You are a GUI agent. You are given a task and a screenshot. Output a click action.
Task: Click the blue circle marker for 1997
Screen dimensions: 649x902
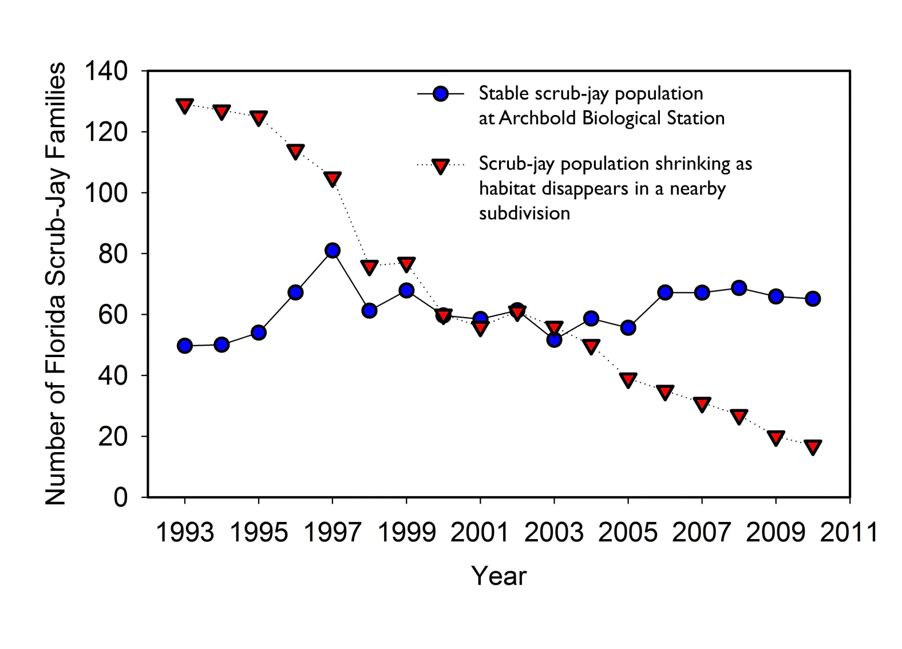coord(333,251)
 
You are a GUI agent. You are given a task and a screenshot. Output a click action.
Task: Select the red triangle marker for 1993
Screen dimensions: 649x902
coord(184,106)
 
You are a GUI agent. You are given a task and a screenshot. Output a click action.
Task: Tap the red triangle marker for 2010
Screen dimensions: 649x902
coord(813,446)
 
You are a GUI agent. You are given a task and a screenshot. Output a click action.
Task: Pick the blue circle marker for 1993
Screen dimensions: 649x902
coord(184,346)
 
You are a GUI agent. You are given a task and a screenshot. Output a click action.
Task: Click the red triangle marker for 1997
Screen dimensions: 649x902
coord(333,179)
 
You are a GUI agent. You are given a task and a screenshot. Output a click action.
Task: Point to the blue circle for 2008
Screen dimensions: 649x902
coord(739,288)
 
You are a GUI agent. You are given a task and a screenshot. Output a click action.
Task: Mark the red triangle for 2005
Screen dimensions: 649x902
coord(628,380)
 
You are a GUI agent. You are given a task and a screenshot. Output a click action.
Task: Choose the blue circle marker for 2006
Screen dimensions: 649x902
coord(665,292)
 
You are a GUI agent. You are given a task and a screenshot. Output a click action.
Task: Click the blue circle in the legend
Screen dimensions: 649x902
coord(440,94)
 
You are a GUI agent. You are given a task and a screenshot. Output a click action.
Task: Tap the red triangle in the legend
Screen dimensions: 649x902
coord(440,166)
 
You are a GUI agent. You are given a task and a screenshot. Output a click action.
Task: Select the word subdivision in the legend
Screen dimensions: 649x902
coord(524,213)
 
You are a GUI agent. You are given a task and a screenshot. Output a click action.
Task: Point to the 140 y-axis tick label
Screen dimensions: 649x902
coord(106,72)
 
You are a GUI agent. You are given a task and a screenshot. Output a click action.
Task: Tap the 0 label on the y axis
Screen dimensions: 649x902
coord(120,497)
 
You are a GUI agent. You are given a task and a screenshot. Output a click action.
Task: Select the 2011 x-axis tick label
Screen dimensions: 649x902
coord(849,533)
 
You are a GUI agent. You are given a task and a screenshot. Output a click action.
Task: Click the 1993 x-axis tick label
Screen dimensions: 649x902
coord(184,533)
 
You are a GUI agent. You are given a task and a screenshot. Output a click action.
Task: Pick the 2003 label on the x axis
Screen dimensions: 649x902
coord(553,533)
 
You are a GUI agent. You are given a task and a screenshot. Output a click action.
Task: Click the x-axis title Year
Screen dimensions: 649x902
coord(499,576)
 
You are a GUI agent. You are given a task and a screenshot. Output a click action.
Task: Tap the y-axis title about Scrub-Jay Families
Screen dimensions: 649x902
coord(56,283)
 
